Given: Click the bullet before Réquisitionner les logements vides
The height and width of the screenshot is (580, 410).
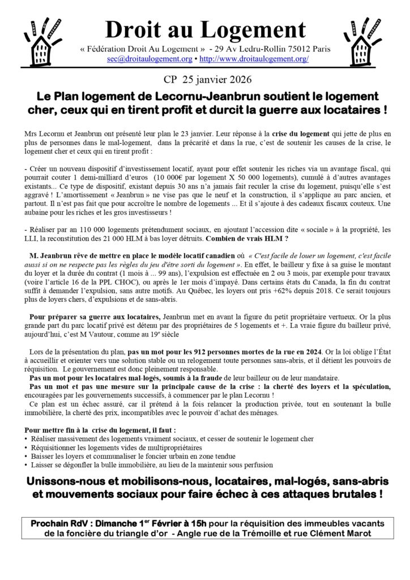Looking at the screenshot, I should [x=28, y=447].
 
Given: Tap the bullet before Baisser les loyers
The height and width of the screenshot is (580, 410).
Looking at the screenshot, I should [x=28, y=456].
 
